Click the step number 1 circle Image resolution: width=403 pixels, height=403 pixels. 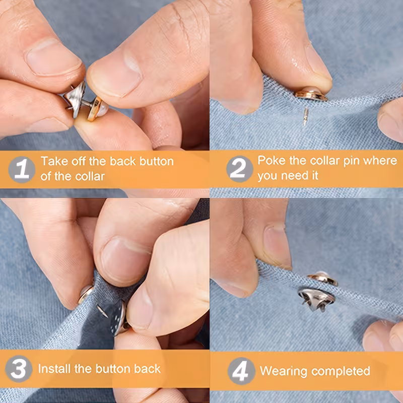coord(22,169)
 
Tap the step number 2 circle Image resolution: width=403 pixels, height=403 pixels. coord(240,169)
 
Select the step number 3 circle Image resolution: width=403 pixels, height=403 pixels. coord(19,369)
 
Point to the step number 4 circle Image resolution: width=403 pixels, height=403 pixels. coord(241,371)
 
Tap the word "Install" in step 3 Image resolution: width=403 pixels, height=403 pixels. coord(54,369)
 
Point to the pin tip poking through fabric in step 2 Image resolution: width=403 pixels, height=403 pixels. coord(305,116)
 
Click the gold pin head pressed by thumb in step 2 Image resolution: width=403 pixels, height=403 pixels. coord(311,94)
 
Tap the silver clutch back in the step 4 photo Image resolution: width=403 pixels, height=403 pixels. coord(317,299)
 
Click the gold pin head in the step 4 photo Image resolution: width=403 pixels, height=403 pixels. coord(323,278)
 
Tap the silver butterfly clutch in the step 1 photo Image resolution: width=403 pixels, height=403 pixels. coord(75,99)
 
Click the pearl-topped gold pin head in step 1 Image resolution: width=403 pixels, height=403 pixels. coord(98,108)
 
